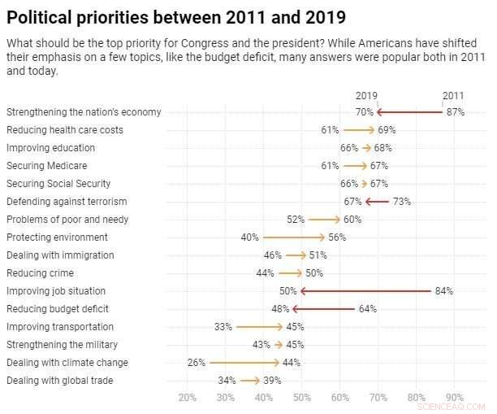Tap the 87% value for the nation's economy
[455, 112]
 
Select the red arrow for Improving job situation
[365, 290]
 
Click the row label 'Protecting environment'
[57, 238]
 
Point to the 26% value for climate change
[197, 363]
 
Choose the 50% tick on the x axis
[301, 398]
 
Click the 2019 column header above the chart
[366, 95]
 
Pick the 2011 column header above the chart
[453, 95]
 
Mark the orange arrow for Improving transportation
[259, 327]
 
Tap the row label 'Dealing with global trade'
[59, 381]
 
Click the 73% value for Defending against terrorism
[401, 202]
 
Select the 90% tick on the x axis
[455, 398]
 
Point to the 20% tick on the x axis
[187, 398]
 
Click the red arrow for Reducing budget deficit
[323, 309]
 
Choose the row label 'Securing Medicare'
[46, 166]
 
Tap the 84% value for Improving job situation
[443, 291]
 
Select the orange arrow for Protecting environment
[293, 238]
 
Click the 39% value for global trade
[273, 381]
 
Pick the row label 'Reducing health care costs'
[65, 130]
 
